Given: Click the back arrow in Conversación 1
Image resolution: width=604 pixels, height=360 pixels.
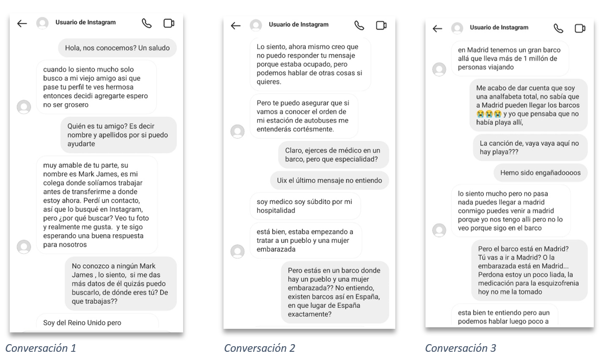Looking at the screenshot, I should point(21,23).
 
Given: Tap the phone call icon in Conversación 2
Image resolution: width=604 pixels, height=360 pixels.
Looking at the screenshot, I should point(359,25).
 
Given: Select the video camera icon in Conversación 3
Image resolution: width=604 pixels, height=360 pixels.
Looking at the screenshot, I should point(580,28).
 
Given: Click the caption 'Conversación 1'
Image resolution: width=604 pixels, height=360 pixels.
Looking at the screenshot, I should point(40,348).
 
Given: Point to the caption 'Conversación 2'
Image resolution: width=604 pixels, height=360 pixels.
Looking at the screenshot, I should point(259,348).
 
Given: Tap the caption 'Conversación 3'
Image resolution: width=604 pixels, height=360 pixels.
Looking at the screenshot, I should point(460,348).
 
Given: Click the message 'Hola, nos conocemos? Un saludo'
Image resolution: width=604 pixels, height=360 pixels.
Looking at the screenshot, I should point(117,48).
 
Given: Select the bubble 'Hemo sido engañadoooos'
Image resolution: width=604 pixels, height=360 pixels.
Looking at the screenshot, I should point(540,173).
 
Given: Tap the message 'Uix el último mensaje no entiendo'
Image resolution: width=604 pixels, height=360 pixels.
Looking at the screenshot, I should point(329,180).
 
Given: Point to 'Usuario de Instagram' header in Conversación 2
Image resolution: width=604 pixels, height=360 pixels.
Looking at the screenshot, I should point(299,25).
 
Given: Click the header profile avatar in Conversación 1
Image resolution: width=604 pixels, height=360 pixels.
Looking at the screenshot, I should point(42,23).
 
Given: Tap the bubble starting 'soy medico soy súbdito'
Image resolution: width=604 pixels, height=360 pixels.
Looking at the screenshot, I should point(305,206).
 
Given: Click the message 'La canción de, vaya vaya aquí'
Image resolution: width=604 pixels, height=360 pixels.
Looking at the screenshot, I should point(529,148).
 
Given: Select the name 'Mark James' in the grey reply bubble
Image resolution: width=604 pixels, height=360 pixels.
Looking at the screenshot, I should point(88,270).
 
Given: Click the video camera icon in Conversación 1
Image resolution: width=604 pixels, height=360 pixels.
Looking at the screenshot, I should point(169,23).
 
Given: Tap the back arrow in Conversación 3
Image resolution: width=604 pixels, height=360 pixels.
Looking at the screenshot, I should point(437,28).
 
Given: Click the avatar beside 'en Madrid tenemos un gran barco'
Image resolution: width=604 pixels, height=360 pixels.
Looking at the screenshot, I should point(439,69).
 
